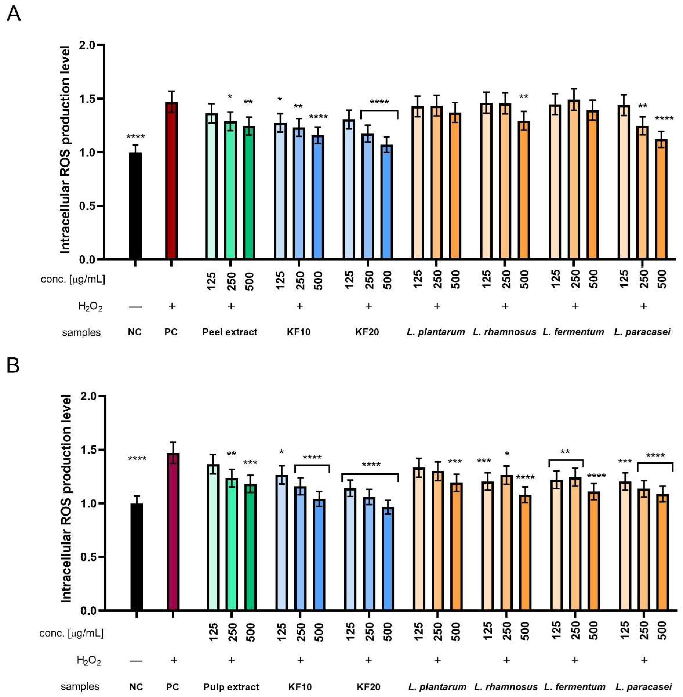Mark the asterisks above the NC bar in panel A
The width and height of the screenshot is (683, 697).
click(x=135, y=137)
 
